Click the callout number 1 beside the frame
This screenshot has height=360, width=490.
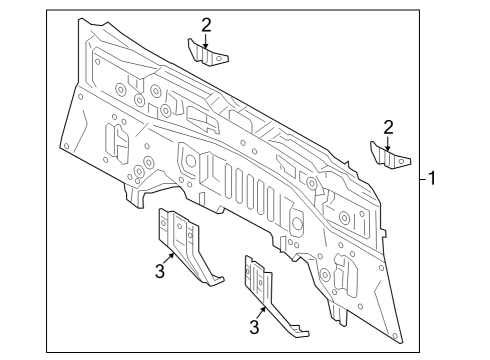432,179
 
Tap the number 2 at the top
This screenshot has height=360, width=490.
206,25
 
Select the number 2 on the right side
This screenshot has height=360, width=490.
387,126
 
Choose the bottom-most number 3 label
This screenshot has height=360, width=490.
254,327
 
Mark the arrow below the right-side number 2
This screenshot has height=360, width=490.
387,142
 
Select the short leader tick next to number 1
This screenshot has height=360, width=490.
422,179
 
